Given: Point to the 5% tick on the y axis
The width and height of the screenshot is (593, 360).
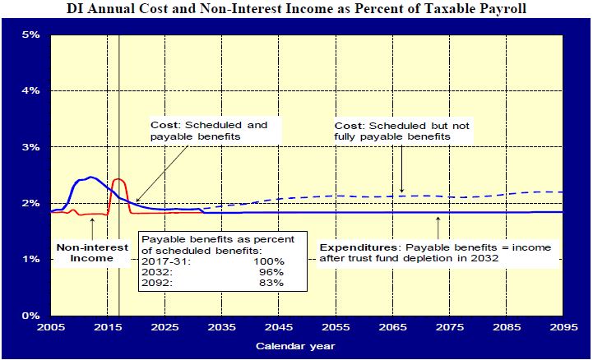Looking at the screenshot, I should click(30, 35).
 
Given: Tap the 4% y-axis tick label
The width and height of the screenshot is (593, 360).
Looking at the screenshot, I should click(30, 90).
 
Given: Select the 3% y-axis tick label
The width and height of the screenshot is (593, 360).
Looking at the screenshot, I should click(30, 147).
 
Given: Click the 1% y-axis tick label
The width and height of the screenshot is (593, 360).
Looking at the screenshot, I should click(30, 259).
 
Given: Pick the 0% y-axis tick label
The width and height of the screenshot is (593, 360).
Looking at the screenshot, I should click(30, 316).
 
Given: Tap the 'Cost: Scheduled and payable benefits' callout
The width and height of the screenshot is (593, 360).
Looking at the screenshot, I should click(209, 131).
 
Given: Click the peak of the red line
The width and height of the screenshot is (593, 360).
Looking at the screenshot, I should click(118, 178).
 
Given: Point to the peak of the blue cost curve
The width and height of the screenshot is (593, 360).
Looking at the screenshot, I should click(90, 177).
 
